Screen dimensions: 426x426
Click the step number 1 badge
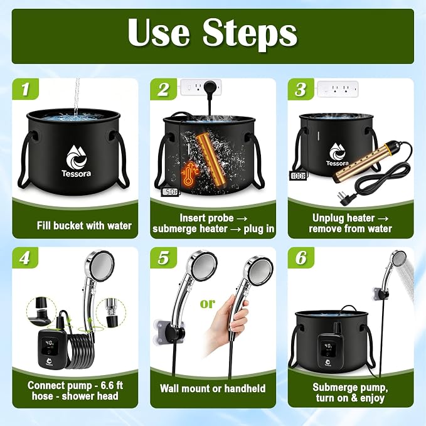25,89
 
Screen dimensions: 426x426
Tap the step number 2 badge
163,89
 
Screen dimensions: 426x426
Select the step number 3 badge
301,89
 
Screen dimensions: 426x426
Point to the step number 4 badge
25,258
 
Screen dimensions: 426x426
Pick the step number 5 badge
163,258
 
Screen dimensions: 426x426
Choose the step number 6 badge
301,258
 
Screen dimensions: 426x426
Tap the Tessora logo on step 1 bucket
76,161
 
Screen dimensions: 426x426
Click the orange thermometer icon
189,174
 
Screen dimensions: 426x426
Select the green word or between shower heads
208,304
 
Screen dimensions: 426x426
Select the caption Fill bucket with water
84,226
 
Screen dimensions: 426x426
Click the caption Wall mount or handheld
213,388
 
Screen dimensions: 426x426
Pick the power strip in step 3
338,88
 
